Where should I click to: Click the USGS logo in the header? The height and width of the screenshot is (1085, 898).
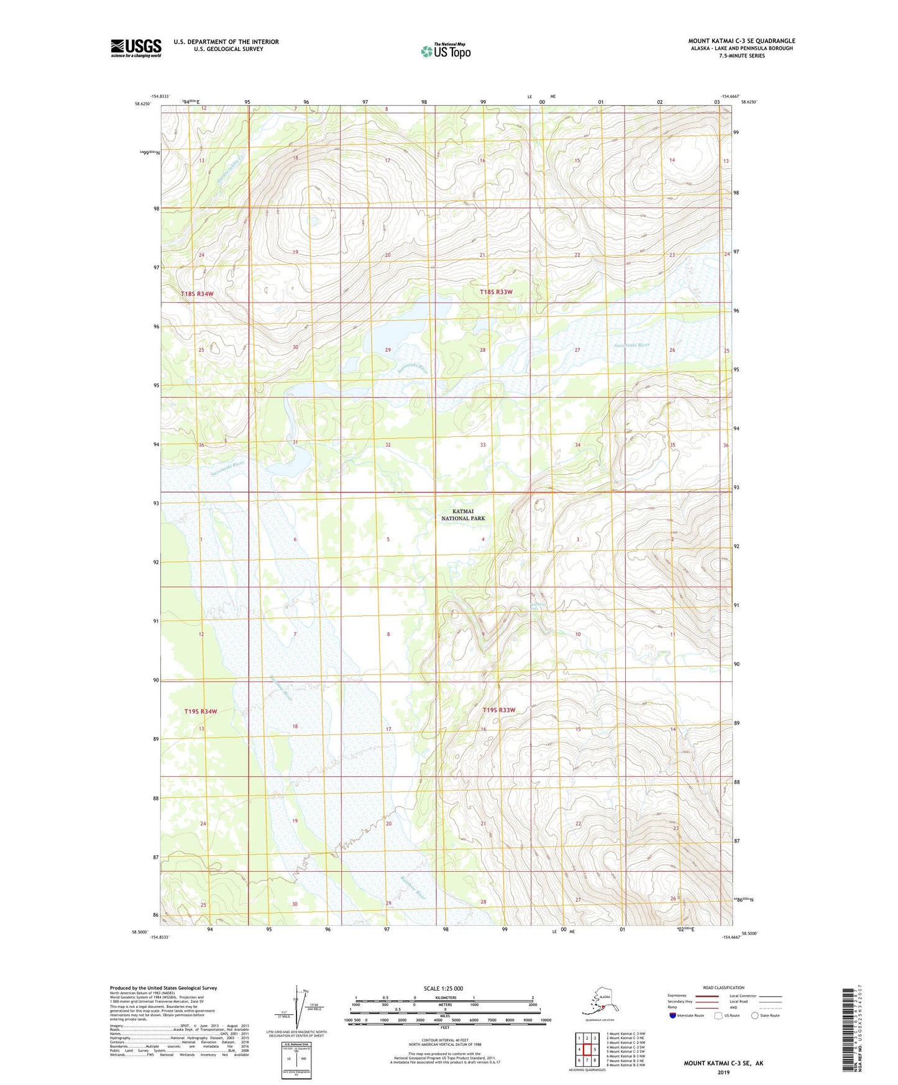(x=135, y=48)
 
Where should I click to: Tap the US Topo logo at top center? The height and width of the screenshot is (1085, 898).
(x=445, y=51)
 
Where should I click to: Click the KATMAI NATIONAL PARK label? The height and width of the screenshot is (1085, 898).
(x=463, y=515)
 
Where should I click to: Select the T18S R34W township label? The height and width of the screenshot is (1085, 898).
(x=197, y=293)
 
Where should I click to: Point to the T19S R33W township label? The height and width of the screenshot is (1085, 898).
(x=499, y=710)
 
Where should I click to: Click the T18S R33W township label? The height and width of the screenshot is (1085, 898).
(x=496, y=292)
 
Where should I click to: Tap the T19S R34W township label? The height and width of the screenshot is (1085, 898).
(x=201, y=711)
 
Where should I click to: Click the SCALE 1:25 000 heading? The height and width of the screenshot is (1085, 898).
(x=443, y=988)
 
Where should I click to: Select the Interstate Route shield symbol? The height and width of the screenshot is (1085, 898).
(x=672, y=1015)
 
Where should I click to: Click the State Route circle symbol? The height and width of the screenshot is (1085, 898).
(x=754, y=1015)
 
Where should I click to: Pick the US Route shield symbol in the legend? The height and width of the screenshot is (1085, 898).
(x=718, y=1015)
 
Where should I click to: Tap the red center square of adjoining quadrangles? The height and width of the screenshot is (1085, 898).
(x=587, y=1049)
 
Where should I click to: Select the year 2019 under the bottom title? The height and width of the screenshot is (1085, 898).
(x=723, y=1072)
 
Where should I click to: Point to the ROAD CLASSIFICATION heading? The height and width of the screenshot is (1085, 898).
(x=723, y=987)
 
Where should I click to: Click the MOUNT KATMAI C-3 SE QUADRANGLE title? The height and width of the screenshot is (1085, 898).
(x=741, y=41)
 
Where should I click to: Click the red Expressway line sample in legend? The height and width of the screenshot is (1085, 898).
(x=707, y=996)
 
